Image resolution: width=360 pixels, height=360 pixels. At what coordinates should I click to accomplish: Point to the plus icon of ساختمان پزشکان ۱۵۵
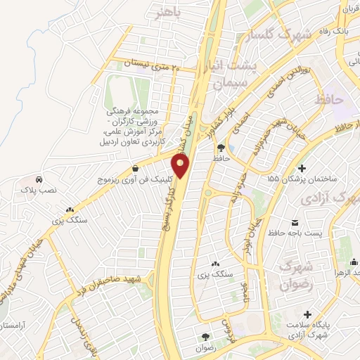tap(302, 168)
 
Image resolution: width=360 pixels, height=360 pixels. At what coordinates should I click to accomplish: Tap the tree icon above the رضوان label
tap(205, 337)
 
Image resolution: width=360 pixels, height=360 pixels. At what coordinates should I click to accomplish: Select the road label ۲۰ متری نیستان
tap(151, 66)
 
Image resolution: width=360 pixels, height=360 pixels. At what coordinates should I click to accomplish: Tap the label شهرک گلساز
tap(274, 35)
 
